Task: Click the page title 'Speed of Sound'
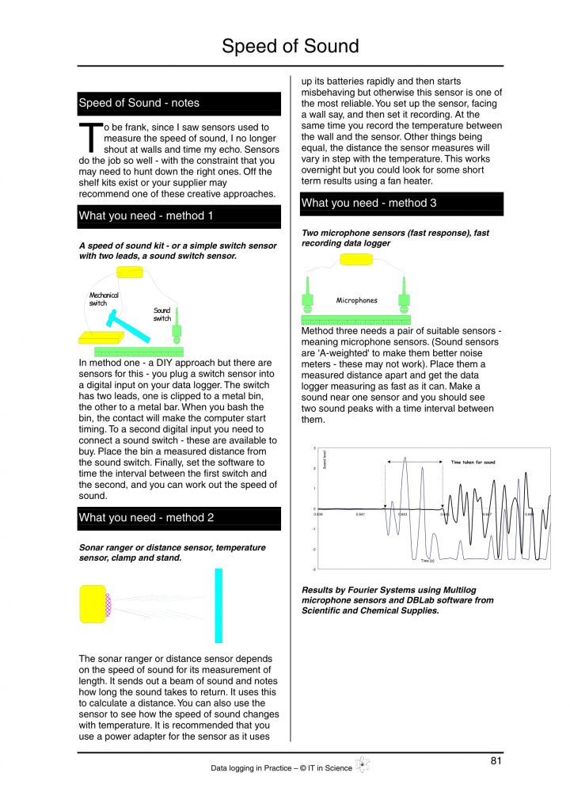(x=290, y=46)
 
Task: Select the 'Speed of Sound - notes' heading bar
(x=179, y=103)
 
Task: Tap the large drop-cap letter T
(x=89, y=139)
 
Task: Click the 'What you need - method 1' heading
(x=179, y=215)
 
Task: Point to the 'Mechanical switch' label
(x=103, y=299)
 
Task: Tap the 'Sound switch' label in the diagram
(x=161, y=314)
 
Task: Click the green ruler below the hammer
(x=139, y=350)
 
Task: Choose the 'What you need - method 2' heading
(x=179, y=518)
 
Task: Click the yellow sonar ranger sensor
(x=94, y=603)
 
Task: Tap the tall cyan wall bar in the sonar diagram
(x=218, y=605)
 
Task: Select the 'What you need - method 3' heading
(x=401, y=203)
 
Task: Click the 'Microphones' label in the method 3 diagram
(x=356, y=301)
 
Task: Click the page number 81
(x=496, y=761)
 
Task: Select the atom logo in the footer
(x=363, y=765)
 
